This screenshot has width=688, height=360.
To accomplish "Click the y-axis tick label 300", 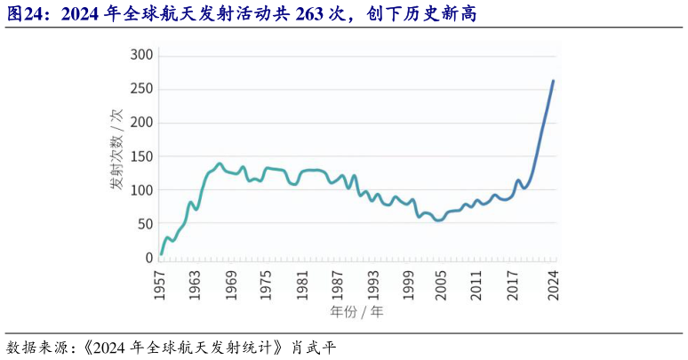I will [142, 55].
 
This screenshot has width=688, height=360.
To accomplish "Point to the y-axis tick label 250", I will [142, 89].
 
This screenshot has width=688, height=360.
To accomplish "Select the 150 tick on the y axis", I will [142, 156].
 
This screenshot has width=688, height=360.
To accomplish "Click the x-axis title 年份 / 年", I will [357, 312].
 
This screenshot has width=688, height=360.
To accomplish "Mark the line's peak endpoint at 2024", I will [553, 81].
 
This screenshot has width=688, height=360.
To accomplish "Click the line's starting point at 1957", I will [161, 253].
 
